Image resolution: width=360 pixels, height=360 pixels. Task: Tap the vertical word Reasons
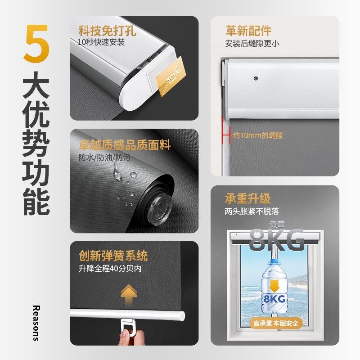pyautogui.click(x=36, y=323)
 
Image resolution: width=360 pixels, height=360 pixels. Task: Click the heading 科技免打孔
pyautogui.click(x=107, y=31)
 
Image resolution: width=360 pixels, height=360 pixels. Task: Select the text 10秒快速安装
pyautogui.click(x=101, y=43)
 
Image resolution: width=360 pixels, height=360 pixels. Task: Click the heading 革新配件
pyautogui.click(x=248, y=31)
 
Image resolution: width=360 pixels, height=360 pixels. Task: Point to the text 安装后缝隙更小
pyautogui.click(x=252, y=44)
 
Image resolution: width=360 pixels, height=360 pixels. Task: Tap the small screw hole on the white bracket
pyautogui.click(x=256, y=78)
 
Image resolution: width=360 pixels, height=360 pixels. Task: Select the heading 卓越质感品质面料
pyautogui.click(x=125, y=145)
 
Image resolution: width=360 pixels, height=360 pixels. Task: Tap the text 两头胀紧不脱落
pyautogui.click(x=252, y=211)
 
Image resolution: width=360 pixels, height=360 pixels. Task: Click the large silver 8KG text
pyautogui.click(x=276, y=239)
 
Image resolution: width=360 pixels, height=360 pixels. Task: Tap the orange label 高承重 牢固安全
pyautogui.click(x=276, y=323)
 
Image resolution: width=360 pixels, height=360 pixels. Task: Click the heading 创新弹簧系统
pyautogui.click(x=113, y=256)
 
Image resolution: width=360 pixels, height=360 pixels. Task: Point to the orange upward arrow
pyautogui.click(x=129, y=293)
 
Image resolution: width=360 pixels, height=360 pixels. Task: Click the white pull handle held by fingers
pyautogui.click(x=130, y=325)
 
